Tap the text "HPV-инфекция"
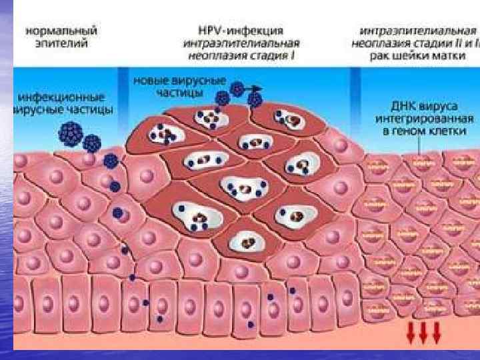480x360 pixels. click(x=241, y=31)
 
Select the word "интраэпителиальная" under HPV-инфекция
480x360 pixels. click(x=241, y=43)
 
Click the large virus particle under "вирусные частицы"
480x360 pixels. click(x=71, y=134)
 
